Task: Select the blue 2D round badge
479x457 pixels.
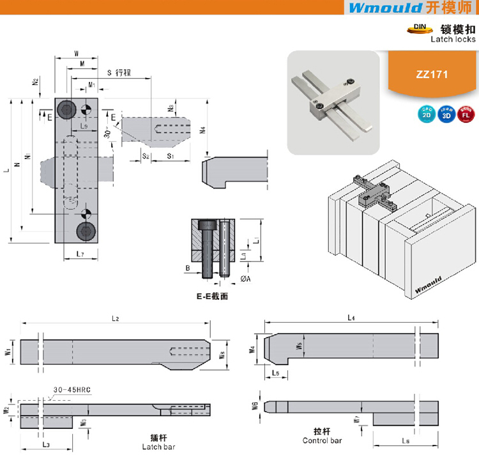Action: point(425,115)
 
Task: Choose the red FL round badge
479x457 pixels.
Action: point(465,115)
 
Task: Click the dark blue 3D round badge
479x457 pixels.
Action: point(445,115)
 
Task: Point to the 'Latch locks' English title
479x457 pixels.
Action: point(453,39)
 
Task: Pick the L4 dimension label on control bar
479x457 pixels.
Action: point(351,317)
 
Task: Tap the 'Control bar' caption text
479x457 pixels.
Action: point(322,440)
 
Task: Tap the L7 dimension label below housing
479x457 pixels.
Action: point(76,254)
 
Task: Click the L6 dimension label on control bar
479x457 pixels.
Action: point(406,442)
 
